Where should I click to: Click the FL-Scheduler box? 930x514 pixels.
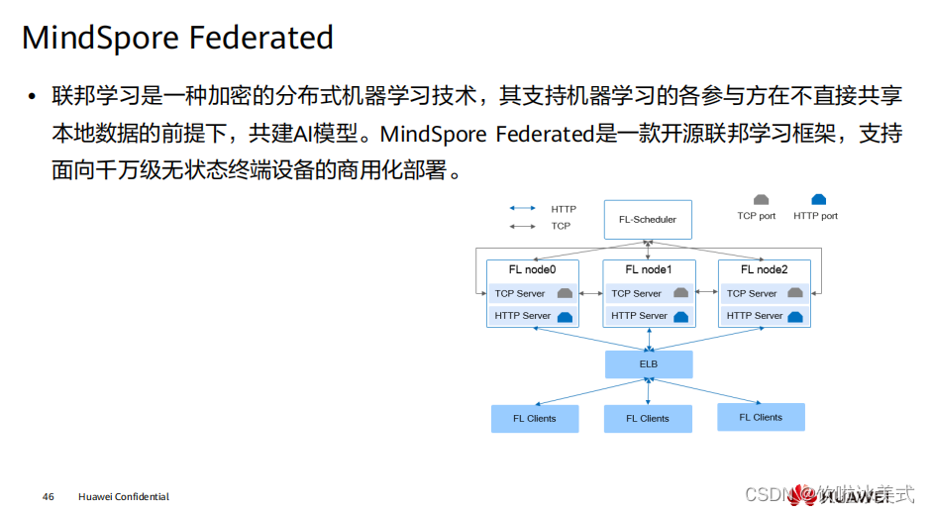648,220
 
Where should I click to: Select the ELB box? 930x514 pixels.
648,364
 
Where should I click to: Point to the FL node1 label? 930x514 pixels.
648,269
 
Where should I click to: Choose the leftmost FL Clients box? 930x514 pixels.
535,419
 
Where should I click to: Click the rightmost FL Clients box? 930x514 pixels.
761,418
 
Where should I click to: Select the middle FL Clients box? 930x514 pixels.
648,419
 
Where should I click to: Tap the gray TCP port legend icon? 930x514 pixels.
761,200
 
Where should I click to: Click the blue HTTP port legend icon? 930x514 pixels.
818,200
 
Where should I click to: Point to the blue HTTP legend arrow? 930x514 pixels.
523,209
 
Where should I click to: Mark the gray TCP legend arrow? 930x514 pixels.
523,226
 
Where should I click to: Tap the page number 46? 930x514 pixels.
49,496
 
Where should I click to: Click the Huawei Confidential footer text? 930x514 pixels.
124,496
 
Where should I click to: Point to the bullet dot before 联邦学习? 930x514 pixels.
32,97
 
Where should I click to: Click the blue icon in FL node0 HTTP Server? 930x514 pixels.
566,317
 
